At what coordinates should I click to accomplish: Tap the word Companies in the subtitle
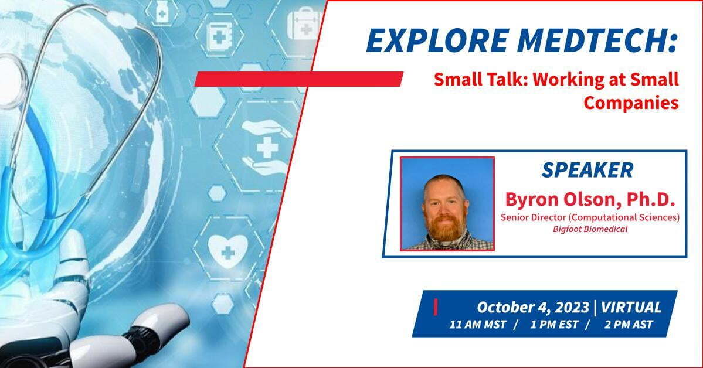[x=631, y=103]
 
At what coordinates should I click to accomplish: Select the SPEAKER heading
[x=587, y=170]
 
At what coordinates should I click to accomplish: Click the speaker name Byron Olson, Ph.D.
[x=590, y=199]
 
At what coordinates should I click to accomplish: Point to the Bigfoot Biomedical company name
[x=590, y=229]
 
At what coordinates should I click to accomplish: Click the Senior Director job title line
[x=590, y=217]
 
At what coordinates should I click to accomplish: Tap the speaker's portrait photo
[x=447, y=203]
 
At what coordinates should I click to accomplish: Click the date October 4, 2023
[x=532, y=308]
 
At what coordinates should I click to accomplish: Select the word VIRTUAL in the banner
[x=631, y=308]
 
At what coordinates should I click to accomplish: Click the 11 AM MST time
[x=478, y=325]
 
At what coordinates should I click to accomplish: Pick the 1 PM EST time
[x=554, y=325]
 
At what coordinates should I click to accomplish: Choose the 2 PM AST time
[x=629, y=325]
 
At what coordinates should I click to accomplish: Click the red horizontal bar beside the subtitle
[x=298, y=79]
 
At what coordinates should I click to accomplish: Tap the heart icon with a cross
[x=228, y=251]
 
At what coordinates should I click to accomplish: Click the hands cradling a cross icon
[x=267, y=146]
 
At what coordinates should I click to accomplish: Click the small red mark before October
[x=435, y=308]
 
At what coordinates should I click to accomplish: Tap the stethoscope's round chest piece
[x=11, y=83]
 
